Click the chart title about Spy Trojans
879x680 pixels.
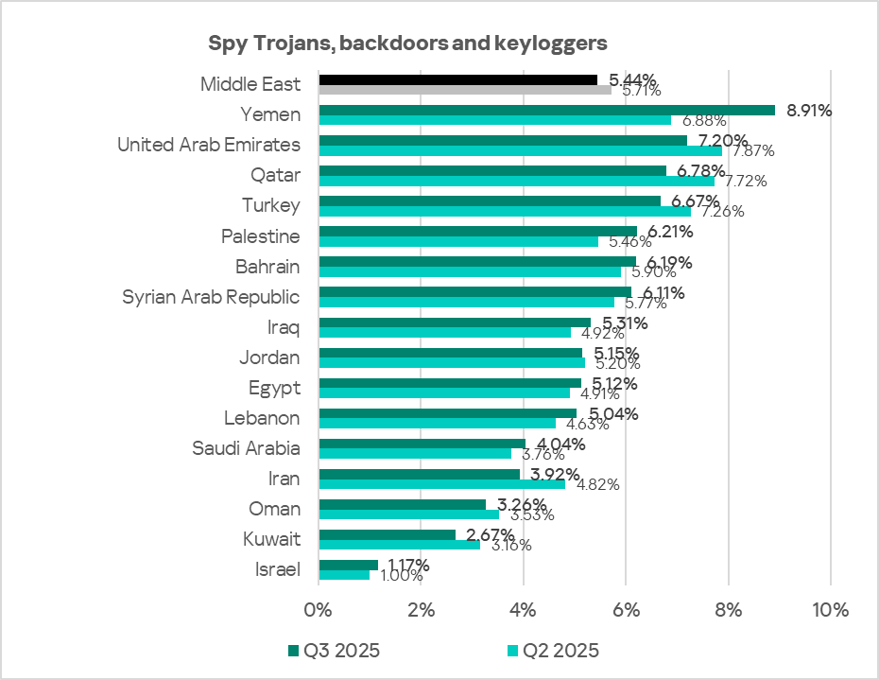[x=406, y=44]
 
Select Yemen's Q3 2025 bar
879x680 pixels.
[x=546, y=110]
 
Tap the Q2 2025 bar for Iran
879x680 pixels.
[x=441, y=483]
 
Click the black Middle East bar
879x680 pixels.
[x=457, y=79]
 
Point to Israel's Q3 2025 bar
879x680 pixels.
[x=348, y=565]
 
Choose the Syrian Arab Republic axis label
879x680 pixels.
[x=211, y=297]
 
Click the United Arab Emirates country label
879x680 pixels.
[x=208, y=145]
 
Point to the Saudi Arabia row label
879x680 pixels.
[x=246, y=448]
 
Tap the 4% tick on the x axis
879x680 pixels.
[x=524, y=608]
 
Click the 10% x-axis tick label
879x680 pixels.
[x=830, y=608]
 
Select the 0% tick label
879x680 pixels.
[x=319, y=608]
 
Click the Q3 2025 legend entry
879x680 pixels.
[x=333, y=651]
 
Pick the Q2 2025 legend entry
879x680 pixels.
[x=553, y=651]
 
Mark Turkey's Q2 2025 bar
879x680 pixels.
[x=505, y=211]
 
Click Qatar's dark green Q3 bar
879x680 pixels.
[x=492, y=170]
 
